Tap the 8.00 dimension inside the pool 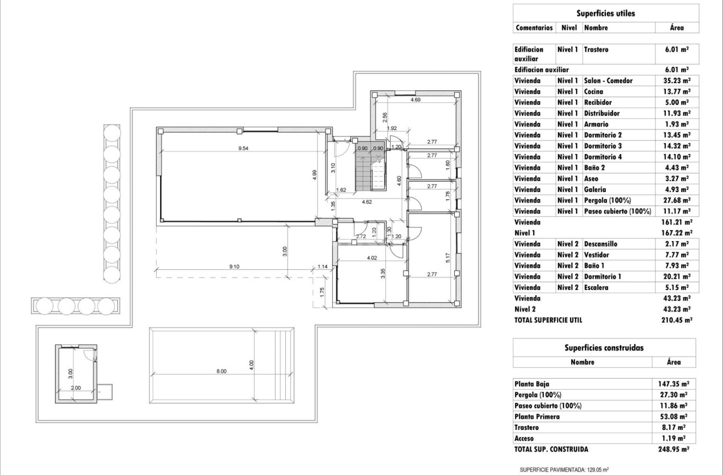point(222,371)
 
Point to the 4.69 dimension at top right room point(416,100)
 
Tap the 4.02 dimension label point(372,257)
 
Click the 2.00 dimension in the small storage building point(76,387)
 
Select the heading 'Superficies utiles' point(604,13)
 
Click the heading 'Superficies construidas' point(604,348)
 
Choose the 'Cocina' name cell point(594,91)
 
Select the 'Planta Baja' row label point(531,384)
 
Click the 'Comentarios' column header point(533,28)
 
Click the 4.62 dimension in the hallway point(367,202)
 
